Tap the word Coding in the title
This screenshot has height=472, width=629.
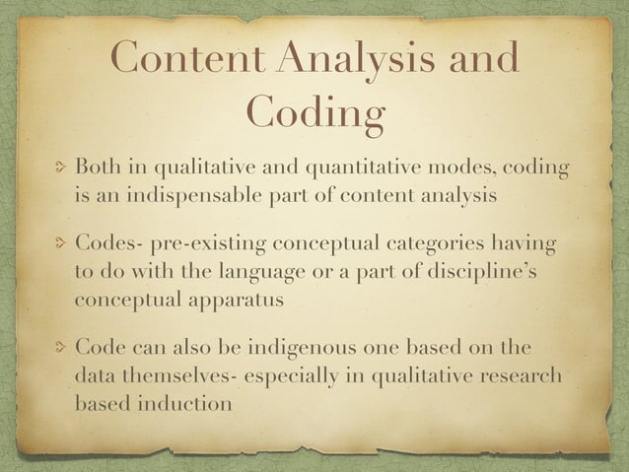pyautogui.click(x=314, y=113)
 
